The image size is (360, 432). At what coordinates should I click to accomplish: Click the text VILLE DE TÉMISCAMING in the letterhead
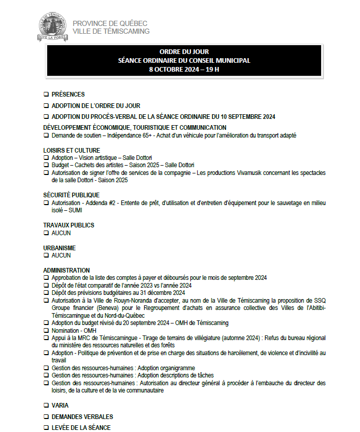pos(111,31)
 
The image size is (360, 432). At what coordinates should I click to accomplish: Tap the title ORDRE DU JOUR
pos(184,52)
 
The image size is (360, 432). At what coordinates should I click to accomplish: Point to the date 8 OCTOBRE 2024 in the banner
pos(172,69)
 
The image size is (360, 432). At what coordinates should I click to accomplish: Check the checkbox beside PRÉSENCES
pos(46,95)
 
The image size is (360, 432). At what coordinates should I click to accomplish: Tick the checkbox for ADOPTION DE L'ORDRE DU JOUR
pos(46,106)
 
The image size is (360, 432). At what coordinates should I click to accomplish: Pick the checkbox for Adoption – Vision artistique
pos(46,158)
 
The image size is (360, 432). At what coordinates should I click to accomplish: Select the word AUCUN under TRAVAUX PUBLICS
pos(61,233)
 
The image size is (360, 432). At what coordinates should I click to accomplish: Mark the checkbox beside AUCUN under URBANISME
pos(46,255)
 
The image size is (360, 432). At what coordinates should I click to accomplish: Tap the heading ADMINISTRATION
pos(66,271)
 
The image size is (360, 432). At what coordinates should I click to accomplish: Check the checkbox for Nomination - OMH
pos(46,330)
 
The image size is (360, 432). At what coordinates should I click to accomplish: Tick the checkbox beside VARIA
pos(46,406)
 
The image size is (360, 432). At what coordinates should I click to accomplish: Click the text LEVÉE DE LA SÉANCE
pos(81,427)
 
